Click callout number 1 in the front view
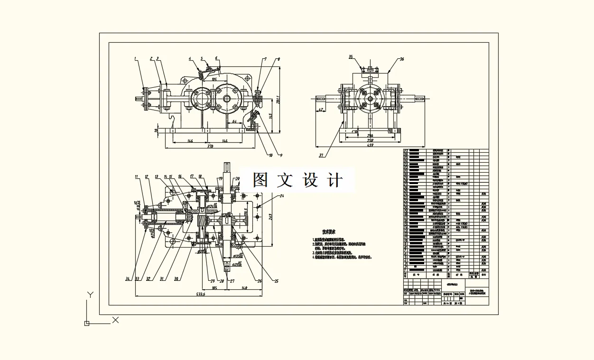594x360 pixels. [135, 59]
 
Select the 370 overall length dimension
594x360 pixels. [207, 147]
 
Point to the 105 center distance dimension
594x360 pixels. [214, 79]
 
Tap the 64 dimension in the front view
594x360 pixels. [234, 122]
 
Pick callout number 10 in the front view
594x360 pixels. [270, 155]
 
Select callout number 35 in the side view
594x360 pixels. [351, 57]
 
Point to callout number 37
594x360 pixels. [321, 155]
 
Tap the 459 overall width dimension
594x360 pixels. [371, 146]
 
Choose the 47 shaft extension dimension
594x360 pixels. [321, 110]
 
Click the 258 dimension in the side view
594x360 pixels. [371, 140]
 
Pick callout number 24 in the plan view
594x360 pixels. [282, 195]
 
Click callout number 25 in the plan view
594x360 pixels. [276, 281]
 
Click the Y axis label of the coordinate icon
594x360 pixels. [90, 295]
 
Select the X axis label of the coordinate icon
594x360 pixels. [115, 320]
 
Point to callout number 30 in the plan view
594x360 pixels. [176, 279]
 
